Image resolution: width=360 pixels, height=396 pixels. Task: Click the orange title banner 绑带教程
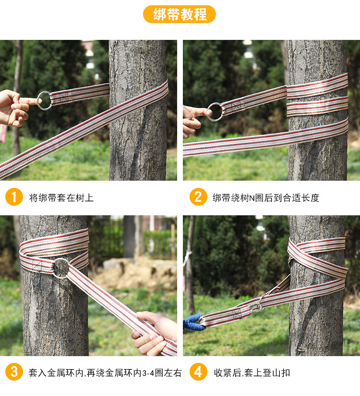(x=180, y=14)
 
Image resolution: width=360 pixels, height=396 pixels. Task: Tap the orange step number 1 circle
(x=14, y=197)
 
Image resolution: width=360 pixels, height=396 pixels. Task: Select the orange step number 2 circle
(x=198, y=197)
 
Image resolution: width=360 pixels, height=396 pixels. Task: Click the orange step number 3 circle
(x=14, y=372)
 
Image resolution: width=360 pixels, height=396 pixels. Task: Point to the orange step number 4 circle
(x=198, y=372)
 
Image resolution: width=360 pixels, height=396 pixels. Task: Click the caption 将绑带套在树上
(x=61, y=198)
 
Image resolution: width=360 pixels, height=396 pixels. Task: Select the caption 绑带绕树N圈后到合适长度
(x=266, y=198)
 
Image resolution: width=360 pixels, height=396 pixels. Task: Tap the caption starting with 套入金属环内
(x=105, y=373)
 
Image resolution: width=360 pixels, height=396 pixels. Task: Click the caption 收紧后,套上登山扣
(x=252, y=373)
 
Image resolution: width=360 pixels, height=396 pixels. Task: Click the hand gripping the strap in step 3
(x=155, y=333)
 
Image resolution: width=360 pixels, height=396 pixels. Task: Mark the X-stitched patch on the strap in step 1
(x=64, y=97)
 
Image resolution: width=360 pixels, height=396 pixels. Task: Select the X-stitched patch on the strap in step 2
(x=238, y=106)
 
